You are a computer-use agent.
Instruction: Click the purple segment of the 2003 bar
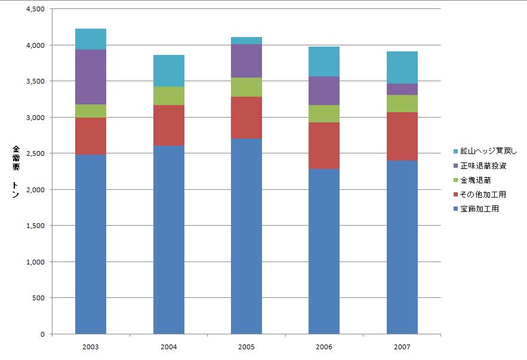[x=91, y=77]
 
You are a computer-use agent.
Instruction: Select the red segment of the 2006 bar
[x=324, y=146]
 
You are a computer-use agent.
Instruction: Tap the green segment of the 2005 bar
[x=246, y=87]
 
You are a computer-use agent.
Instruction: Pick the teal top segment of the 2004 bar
[x=169, y=71]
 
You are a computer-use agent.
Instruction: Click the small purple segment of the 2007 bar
[x=402, y=89]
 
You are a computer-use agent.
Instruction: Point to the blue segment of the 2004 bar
[x=169, y=239]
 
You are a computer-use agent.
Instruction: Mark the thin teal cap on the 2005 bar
[x=246, y=41]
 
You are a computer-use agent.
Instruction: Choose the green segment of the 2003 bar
[x=91, y=111]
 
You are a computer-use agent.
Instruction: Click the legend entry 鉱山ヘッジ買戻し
[x=484, y=152]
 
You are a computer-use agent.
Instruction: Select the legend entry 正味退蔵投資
[x=480, y=166]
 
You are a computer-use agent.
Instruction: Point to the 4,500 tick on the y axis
[x=35, y=9]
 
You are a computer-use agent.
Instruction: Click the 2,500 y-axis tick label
[x=35, y=153]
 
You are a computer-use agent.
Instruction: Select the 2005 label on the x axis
[x=246, y=346]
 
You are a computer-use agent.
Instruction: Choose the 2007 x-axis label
[x=402, y=346]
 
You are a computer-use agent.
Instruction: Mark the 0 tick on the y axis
[x=42, y=334]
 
